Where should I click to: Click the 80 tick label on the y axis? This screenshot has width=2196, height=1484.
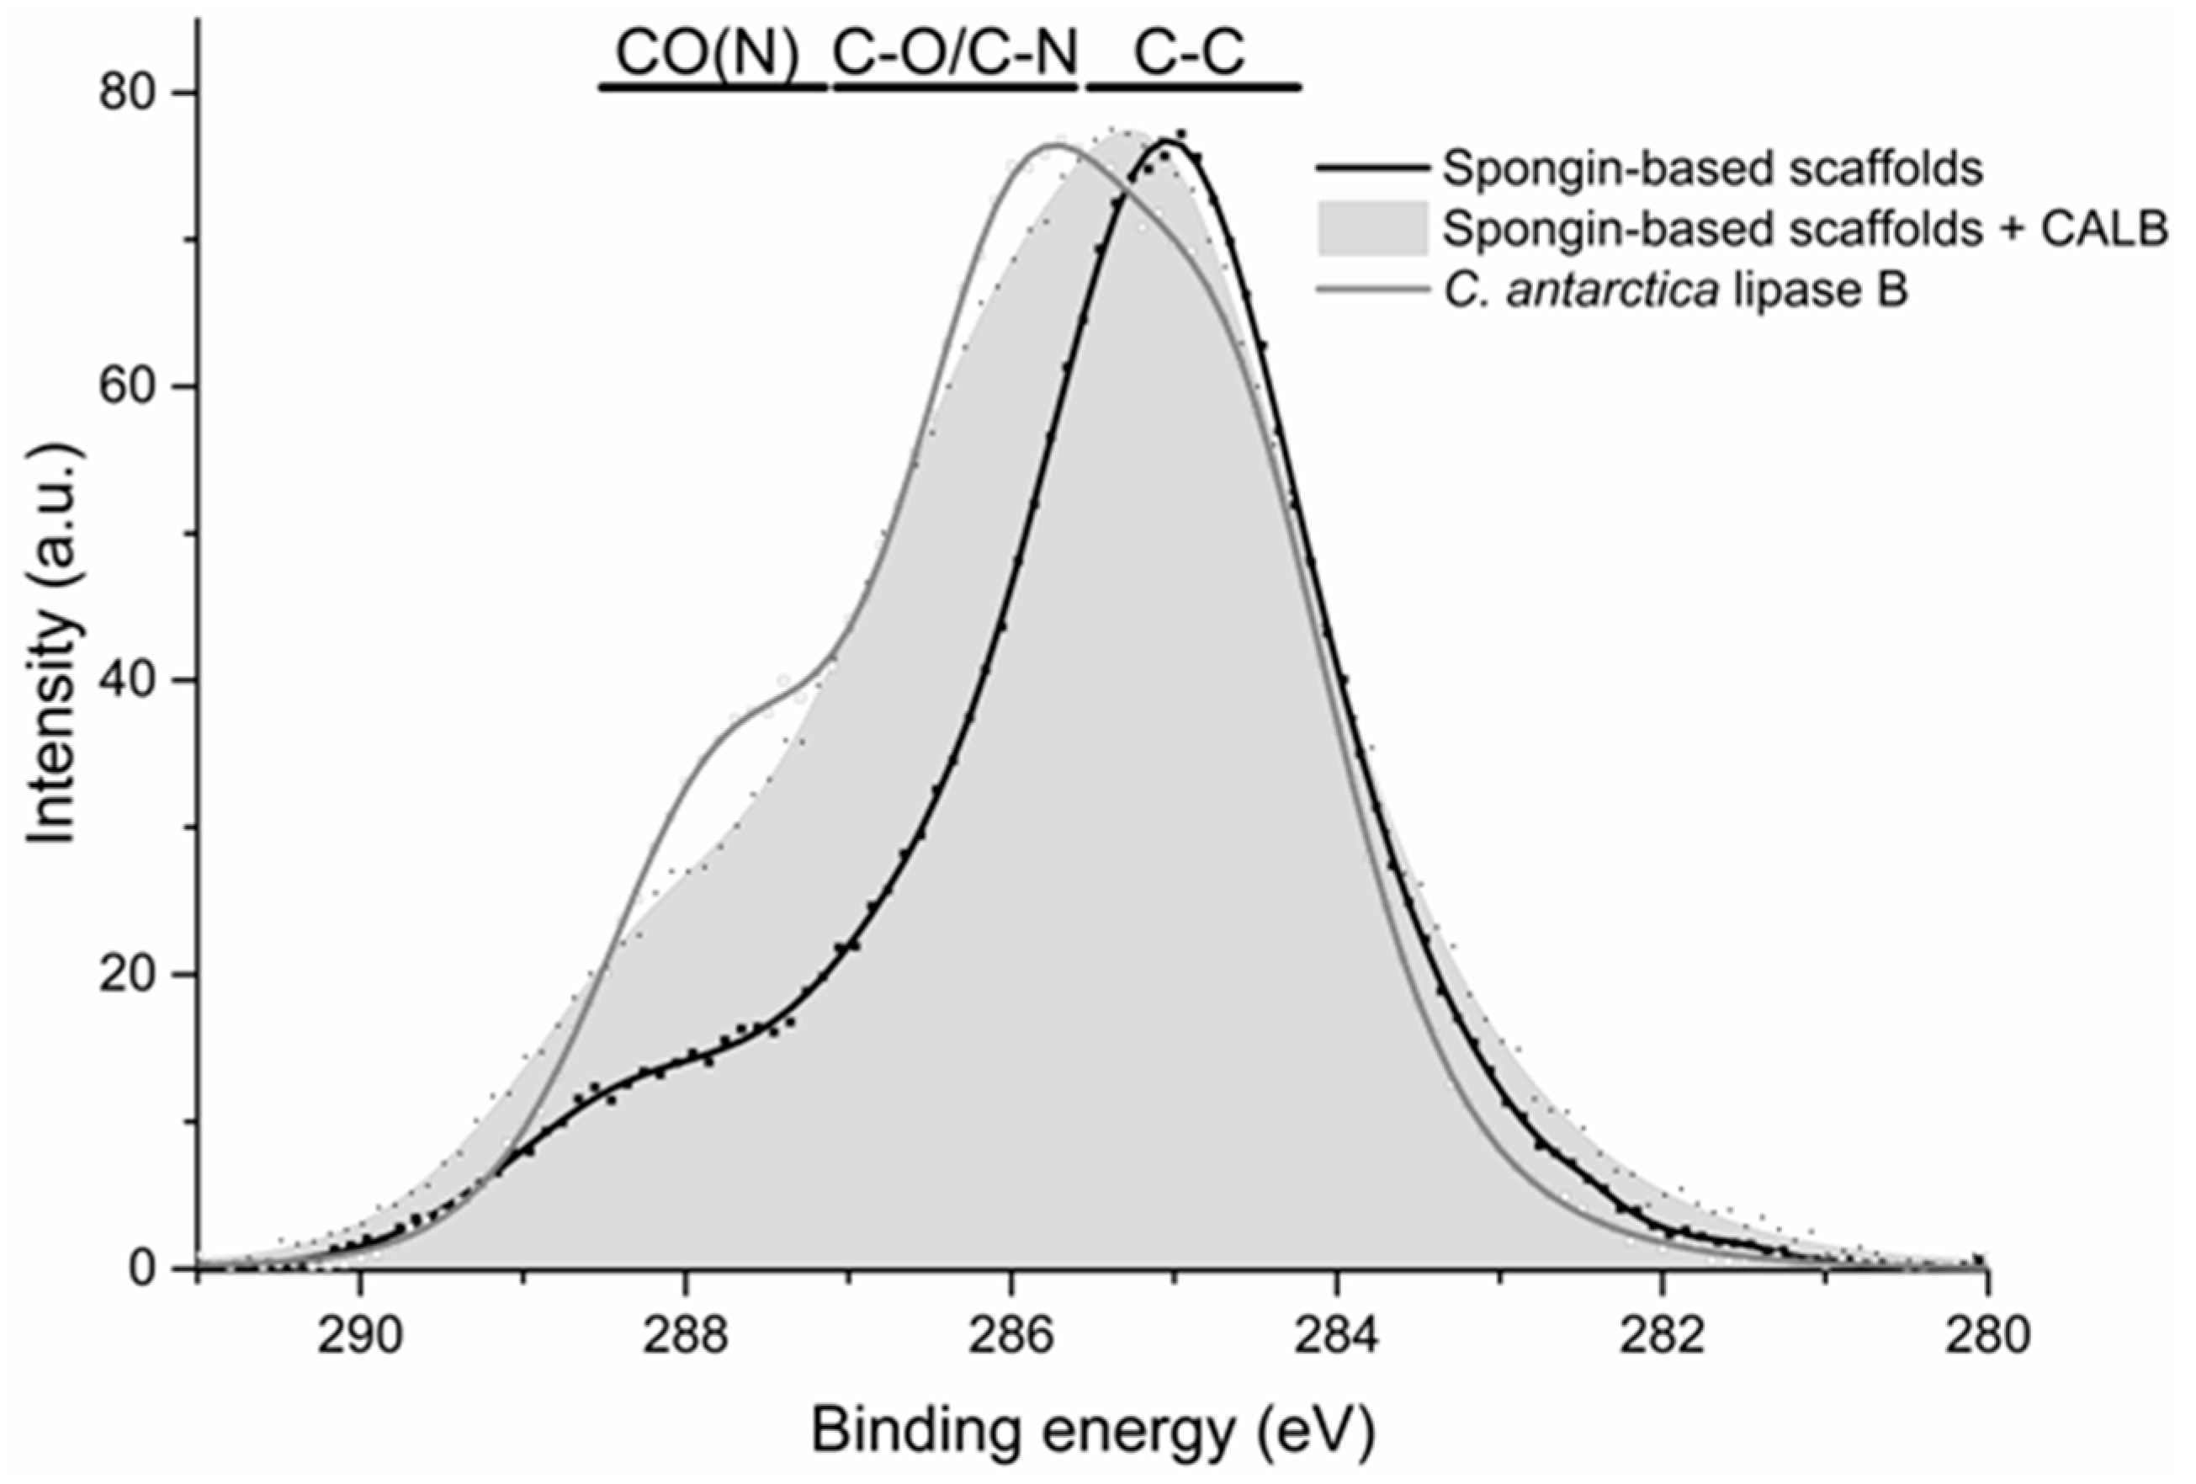coord(130,93)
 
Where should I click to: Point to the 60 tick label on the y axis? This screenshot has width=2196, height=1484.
coord(130,386)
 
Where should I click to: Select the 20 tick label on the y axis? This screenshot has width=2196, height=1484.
coord(130,974)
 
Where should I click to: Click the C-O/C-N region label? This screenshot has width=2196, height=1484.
coord(954,54)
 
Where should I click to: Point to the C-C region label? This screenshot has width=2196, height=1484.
coord(1190,54)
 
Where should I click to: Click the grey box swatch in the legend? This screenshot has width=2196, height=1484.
coord(1372,229)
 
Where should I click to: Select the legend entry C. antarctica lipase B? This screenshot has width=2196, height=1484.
coord(1675,290)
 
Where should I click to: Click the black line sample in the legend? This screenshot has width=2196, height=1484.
coord(1372,168)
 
